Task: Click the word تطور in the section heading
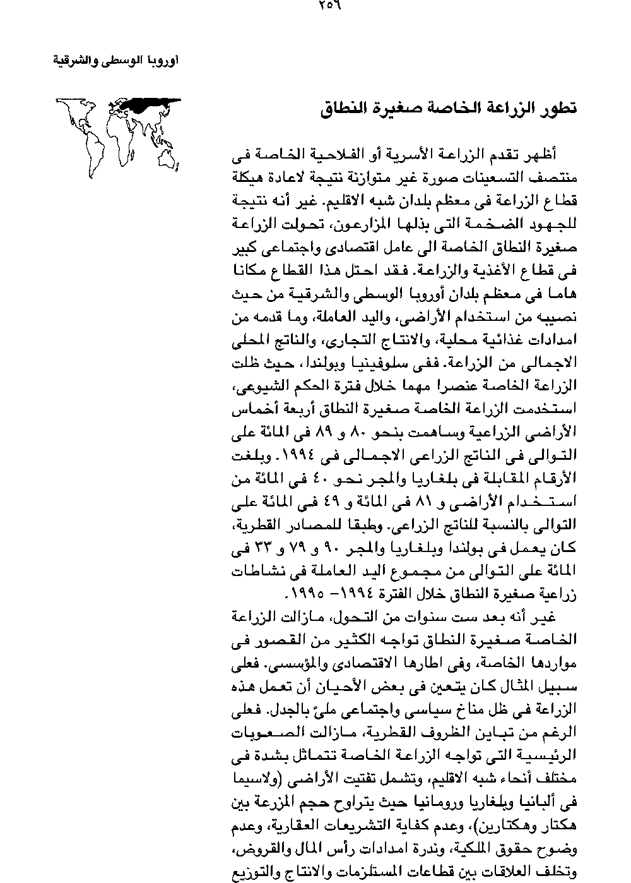click(x=557, y=108)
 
